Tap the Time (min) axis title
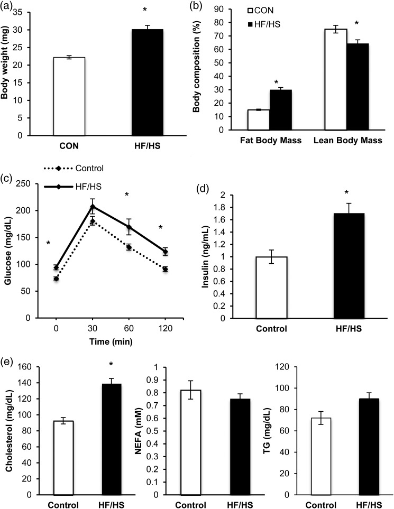[110, 342]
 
